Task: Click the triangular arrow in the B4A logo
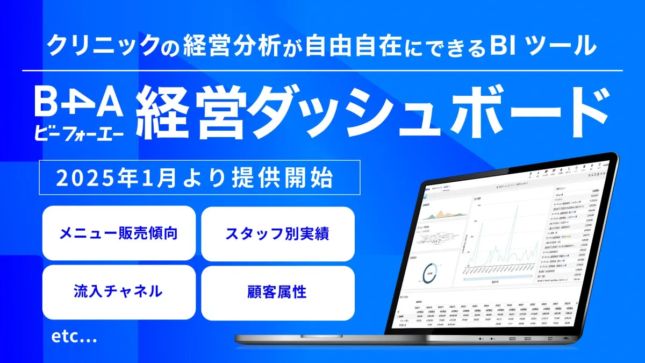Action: pyautogui.click(x=78, y=102)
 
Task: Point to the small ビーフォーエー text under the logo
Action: pyautogui.click(x=78, y=130)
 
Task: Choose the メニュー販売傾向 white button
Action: pyautogui.click(x=119, y=233)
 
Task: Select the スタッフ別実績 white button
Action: pyautogui.click(x=277, y=233)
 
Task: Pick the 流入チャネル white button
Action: pyautogui.click(x=119, y=292)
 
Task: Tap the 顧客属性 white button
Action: pyautogui.click(x=277, y=292)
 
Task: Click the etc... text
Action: pyautogui.click(x=74, y=337)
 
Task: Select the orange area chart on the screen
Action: pyautogui.click(x=443, y=215)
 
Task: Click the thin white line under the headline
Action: pyautogui.click(x=322, y=70)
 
